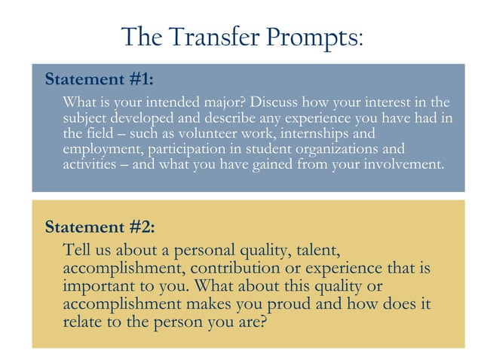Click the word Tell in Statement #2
[78, 250]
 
